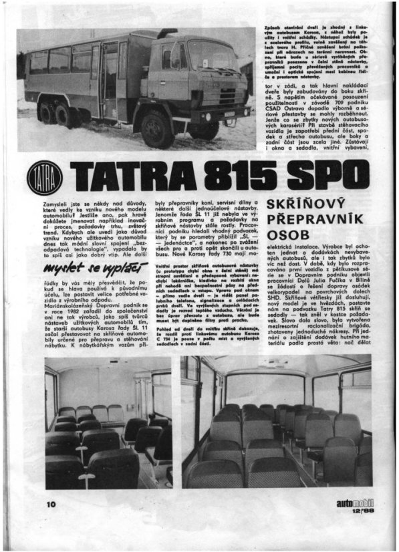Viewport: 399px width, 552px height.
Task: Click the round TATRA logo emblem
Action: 45,178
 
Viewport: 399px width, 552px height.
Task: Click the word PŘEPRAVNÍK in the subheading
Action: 313,221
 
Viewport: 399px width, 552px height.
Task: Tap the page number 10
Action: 50,503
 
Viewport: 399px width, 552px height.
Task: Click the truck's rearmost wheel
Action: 46,112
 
